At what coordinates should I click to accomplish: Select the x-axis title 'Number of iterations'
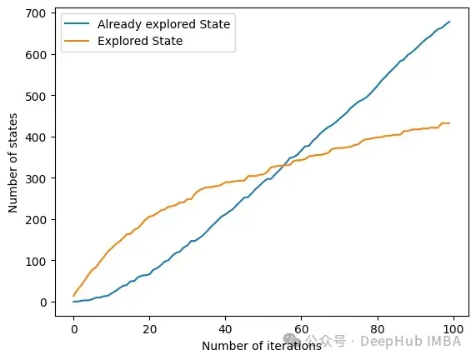[262, 346]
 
